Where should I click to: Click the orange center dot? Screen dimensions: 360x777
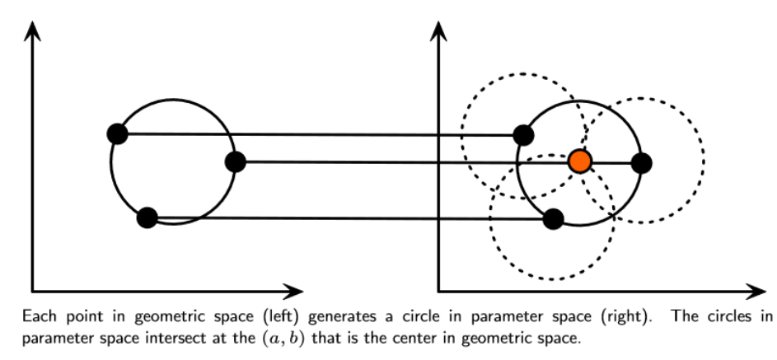[x=580, y=161]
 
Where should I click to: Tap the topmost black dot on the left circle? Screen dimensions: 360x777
[x=117, y=133]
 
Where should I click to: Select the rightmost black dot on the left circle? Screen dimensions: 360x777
[x=236, y=161]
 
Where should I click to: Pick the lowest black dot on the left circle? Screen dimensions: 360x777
[x=147, y=217]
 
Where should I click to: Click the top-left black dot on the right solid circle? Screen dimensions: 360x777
[x=523, y=134]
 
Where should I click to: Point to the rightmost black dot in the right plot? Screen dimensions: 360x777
[x=642, y=162]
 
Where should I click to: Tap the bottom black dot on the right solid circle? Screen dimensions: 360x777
[x=554, y=219]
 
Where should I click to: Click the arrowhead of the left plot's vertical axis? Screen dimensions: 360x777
[x=32, y=30]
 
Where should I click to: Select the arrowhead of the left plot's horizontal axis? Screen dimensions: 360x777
[x=293, y=291]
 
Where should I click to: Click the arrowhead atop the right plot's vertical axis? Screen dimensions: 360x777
[x=438, y=30]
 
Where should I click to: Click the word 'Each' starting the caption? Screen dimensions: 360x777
[x=35, y=316]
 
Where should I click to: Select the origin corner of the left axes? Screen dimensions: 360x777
[x=32, y=291]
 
